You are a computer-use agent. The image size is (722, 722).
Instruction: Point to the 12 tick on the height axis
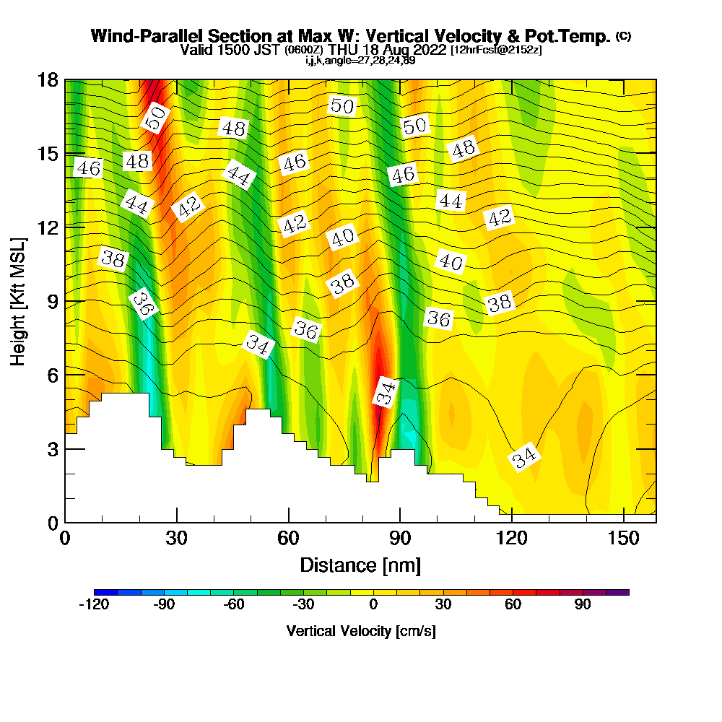pos(65,227)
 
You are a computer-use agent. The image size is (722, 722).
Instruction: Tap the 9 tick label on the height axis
pos(51,300)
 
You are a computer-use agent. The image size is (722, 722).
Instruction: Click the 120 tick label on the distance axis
pos(511,539)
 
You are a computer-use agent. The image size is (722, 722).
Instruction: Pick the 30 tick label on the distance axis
pos(177,539)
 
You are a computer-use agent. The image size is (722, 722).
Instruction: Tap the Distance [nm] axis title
pos(360,565)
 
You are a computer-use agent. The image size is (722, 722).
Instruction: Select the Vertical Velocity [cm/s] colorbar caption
pos(361,631)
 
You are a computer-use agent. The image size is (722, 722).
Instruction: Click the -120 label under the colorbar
pos(93,605)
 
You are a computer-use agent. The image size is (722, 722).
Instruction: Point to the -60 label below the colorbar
pos(233,605)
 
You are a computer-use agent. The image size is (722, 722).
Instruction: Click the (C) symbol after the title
pos(623,36)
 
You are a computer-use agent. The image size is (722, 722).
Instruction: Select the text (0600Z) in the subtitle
pos(305,51)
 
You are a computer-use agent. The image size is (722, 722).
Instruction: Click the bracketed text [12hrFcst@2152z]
pos(496,51)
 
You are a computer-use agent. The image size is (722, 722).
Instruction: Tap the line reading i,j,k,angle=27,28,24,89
pos(360,61)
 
